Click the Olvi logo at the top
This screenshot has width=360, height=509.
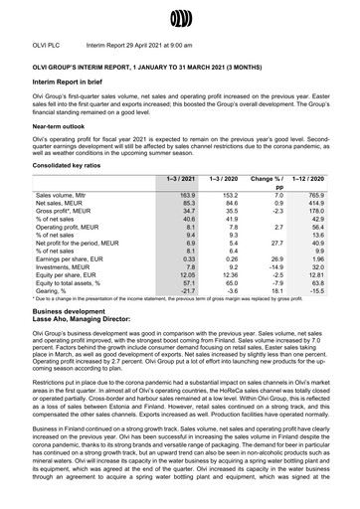[x=180, y=17]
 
